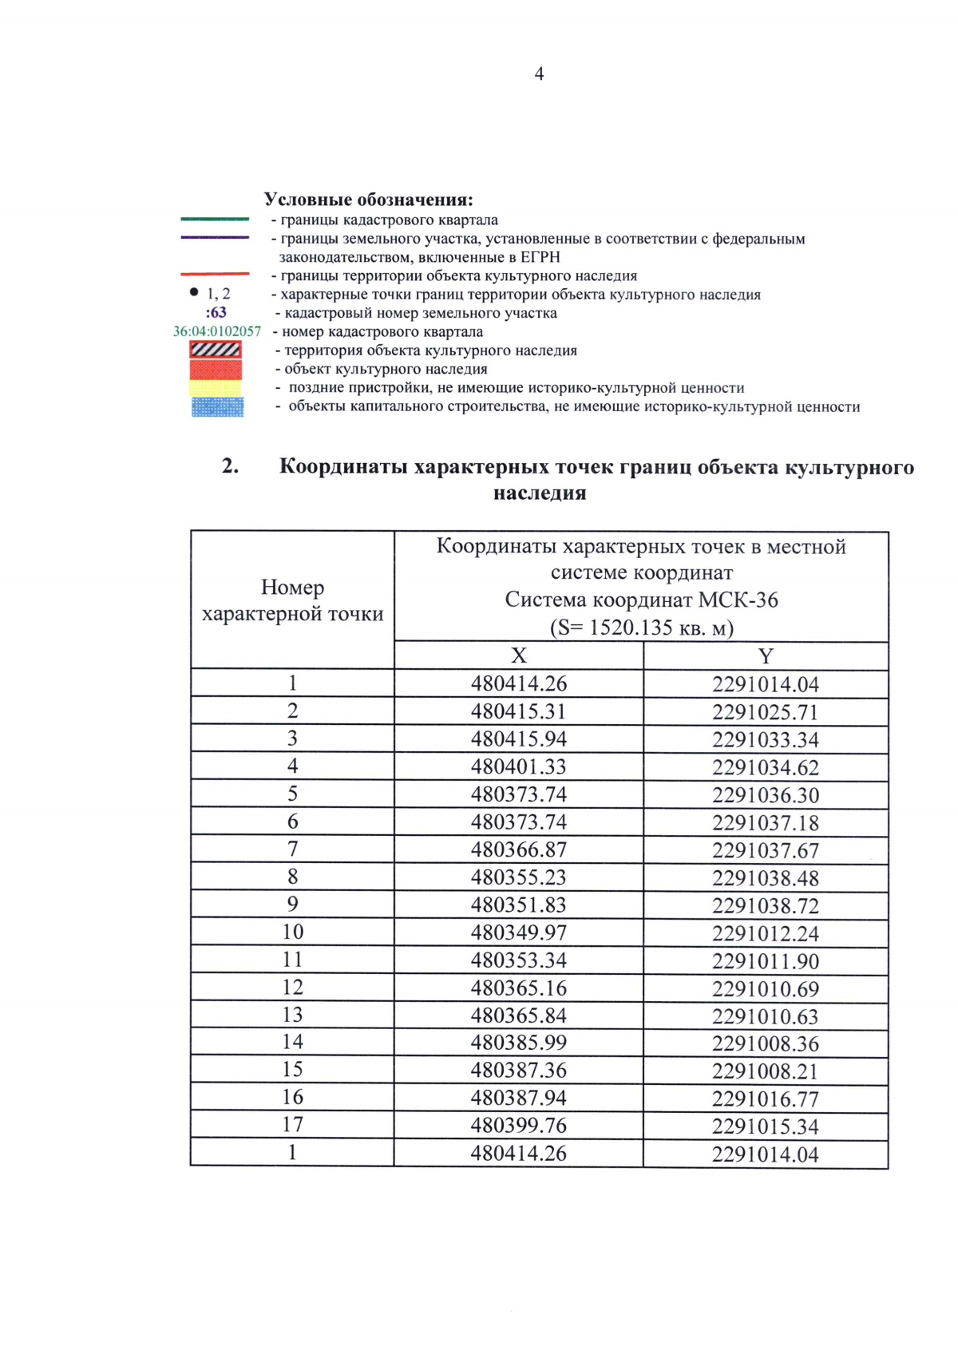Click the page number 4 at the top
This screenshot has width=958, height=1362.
pos(539,73)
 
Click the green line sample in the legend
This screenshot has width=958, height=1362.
pos(215,219)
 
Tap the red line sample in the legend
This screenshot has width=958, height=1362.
pos(215,274)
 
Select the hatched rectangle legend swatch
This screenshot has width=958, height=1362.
pos(216,350)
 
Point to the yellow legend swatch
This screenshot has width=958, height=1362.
pos(216,388)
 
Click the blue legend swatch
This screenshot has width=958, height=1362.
pos(217,407)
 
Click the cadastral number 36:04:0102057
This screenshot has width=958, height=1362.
pos(216,331)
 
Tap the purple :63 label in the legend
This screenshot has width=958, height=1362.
pos(216,312)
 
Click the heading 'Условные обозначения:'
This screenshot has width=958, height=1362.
pos(368,200)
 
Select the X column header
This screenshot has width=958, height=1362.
pos(518,655)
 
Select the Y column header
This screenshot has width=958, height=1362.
pos(765,656)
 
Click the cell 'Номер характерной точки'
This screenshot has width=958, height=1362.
pos(292,600)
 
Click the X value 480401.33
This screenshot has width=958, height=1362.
pos(518,766)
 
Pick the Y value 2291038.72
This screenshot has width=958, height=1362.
pos(765,905)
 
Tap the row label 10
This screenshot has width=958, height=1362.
pos(292,932)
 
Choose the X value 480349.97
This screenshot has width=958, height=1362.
pos(518,932)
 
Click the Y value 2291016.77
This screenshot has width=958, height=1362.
pos(765,1099)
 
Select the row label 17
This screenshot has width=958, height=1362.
pos(292,1125)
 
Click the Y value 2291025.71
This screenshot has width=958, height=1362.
pos(765,712)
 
